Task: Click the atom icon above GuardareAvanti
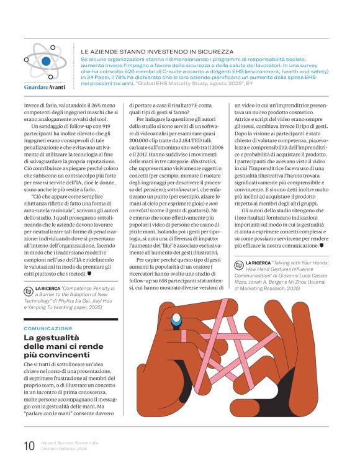coord(45,61)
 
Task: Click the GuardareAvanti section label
coord(45,88)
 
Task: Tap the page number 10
coord(29,445)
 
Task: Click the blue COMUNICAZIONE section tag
coord(48,328)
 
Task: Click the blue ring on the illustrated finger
coord(176,320)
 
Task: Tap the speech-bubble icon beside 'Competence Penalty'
coord(29,289)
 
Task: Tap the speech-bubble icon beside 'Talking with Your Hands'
coord(240,264)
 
